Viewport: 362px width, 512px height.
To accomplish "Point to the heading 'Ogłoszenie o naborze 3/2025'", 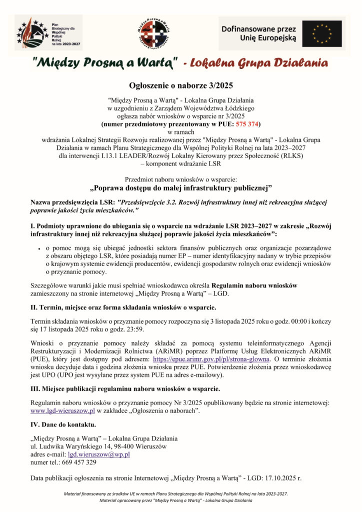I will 180,86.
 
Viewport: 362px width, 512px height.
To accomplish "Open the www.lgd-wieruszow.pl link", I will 63,410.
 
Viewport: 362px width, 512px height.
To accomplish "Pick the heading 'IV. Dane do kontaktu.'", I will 63,424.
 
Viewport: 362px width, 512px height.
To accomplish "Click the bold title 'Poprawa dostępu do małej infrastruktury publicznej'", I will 180,188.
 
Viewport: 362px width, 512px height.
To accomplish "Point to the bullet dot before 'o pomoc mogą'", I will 38,248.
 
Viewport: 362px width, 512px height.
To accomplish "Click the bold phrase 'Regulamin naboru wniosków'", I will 254,285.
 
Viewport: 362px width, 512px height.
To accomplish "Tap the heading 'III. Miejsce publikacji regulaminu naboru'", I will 124,388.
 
